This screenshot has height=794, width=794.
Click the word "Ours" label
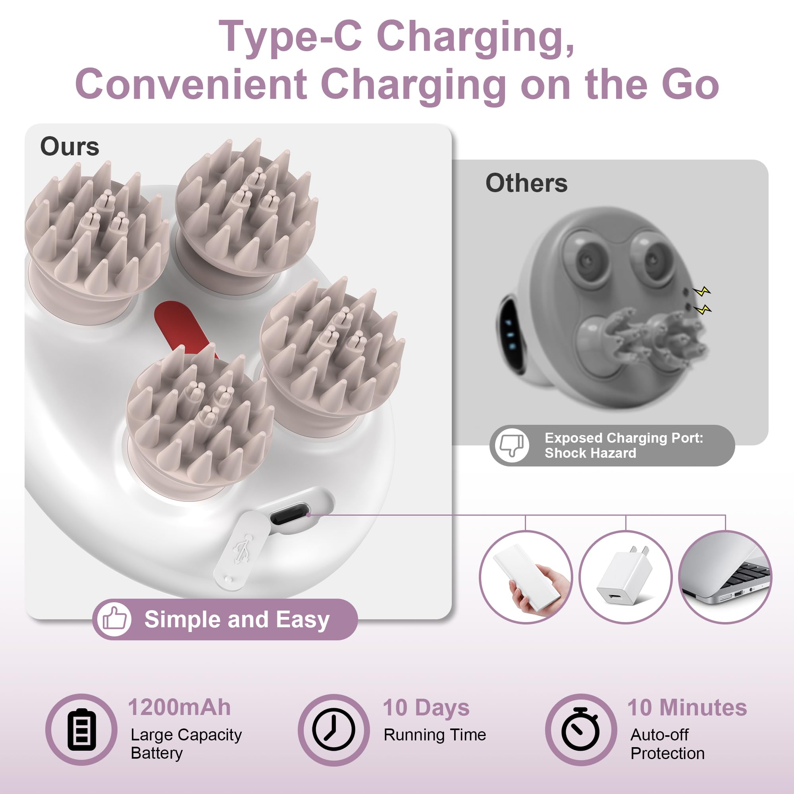tap(69, 147)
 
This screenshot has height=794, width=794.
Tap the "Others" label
tap(526, 183)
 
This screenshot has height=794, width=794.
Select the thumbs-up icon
tap(114, 619)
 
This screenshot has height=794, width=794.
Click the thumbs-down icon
tap(511, 445)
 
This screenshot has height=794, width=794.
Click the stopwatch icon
tap(581, 729)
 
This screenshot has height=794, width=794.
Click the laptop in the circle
tap(725, 572)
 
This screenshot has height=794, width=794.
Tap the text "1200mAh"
tap(179, 707)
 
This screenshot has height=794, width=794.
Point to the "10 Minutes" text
tap(687, 708)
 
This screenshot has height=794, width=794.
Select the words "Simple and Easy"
tap(237, 620)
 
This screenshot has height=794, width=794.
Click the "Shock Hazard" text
tap(590, 453)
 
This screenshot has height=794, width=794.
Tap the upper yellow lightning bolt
tap(701, 291)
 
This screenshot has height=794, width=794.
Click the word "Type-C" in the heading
tap(290, 37)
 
